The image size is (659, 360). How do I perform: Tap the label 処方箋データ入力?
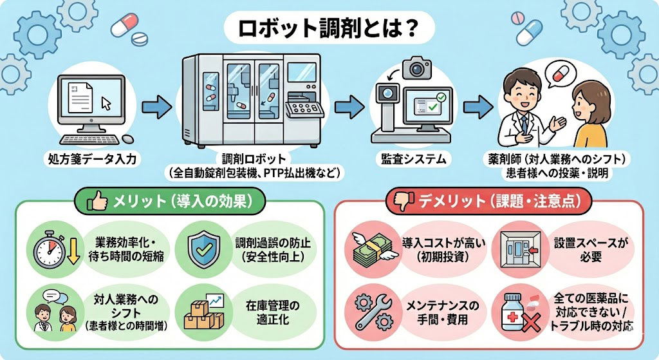pyautogui.click(x=92, y=158)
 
